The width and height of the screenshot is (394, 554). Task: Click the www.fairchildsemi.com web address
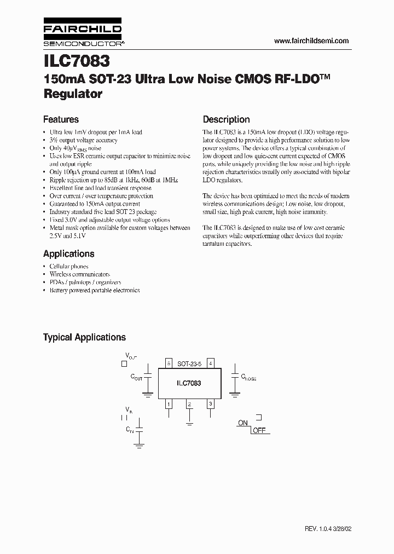(311, 41)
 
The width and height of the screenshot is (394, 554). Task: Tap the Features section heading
(61, 119)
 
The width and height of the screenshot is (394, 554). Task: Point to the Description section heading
(226, 119)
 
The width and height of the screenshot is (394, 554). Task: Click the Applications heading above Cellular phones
(68, 254)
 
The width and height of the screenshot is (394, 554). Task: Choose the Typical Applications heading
(84, 338)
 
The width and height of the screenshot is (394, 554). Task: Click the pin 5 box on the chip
(169, 363)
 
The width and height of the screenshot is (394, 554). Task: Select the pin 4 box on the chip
(211, 363)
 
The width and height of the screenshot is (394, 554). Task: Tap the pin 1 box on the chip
(169, 404)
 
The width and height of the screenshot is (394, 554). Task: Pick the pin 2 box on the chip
(189, 404)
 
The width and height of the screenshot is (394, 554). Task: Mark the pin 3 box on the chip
(210, 404)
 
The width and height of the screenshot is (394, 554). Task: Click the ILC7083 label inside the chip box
(189, 383)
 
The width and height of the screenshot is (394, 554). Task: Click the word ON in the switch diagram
(243, 423)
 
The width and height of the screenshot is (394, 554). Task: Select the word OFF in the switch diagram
(259, 431)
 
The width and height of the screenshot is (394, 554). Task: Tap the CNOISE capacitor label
(248, 378)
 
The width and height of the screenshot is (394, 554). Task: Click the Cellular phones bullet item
(69, 267)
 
